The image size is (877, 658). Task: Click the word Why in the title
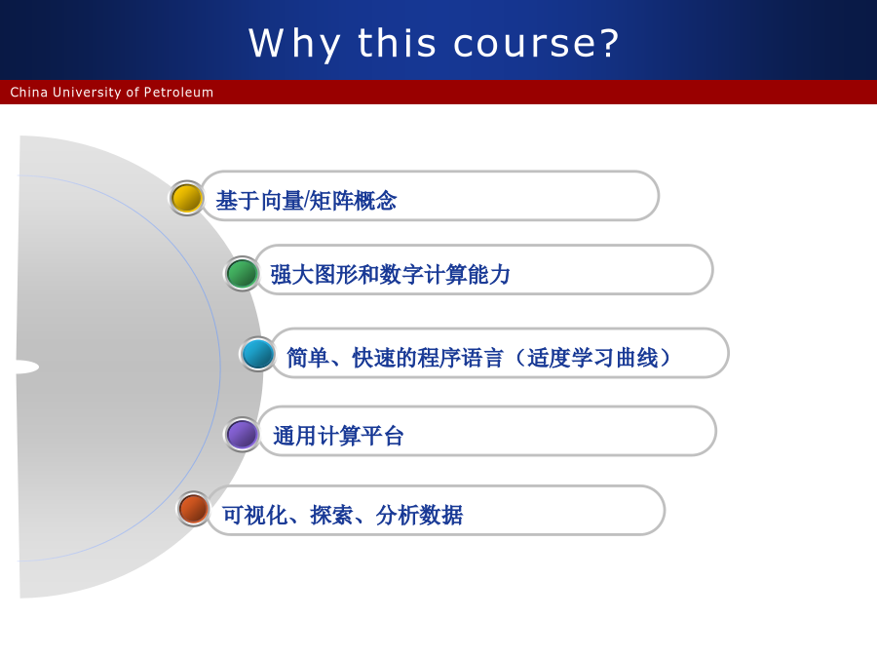294,44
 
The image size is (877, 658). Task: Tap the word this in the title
397,43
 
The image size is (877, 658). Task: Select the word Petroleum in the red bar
178,92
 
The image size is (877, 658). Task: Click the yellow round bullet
186,198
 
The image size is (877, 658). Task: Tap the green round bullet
242,274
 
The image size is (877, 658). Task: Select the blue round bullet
257,354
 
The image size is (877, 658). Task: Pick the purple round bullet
242,434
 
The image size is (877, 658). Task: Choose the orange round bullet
193,509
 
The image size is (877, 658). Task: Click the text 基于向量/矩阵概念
307,200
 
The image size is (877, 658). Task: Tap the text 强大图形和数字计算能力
391,275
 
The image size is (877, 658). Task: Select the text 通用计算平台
338,436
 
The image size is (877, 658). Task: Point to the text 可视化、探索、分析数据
343,516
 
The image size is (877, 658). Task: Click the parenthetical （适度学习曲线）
592,358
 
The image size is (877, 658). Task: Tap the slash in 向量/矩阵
306,200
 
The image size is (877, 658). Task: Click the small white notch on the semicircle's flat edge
27,368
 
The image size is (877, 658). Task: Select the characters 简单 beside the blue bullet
308,358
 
